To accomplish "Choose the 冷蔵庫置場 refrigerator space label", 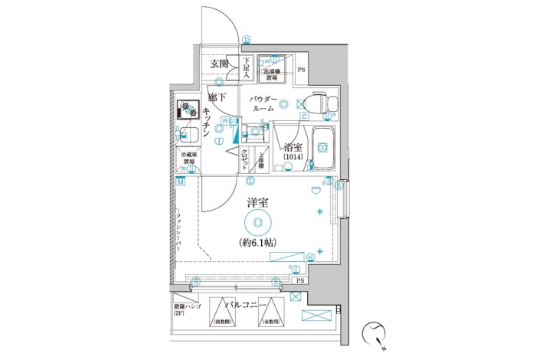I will pyautogui.click(x=187, y=161).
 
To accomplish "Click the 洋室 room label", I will pyautogui.click(x=257, y=204).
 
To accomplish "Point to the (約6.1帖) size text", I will pyautogui.click(x=257, y=243).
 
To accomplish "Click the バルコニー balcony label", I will pyautogui.click(x=246, y=305).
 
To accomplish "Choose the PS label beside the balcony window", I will pyautogui.click(x=299, y=281).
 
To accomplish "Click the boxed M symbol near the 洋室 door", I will pyautogui.click(x=181, y=182).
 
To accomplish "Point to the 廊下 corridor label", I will pyautogui.click(x=217, y=97).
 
